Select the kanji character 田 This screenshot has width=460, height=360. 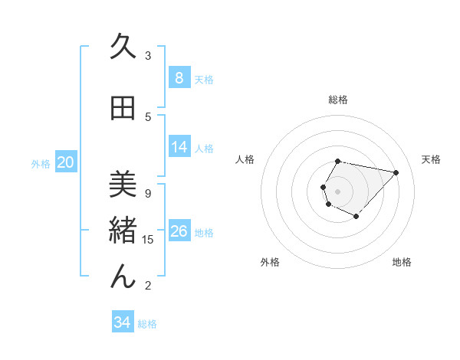click(x=123, y=109)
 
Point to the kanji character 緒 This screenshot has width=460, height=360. click(x=123, y=231)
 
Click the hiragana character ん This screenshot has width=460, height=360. click(x=123, y=276)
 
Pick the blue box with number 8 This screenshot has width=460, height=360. click(x=179, y=78)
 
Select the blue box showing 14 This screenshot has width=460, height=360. click(x=179, y=147)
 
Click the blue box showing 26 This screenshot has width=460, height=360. click(x=179, y=231)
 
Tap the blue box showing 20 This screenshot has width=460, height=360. click(x=66, y=162)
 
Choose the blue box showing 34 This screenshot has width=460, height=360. click(x=122, y=322)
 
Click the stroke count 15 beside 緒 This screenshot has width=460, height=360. click(x=148, y=240)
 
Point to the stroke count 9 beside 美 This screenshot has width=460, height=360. click(x=148, y=193)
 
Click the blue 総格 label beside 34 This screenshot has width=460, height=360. click(x=147, y=324)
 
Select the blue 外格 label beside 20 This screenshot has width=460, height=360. click(x=41, y=163)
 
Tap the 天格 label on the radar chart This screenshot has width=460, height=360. click(x=431, y=159)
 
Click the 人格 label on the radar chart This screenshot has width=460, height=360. click(x=245, y=159)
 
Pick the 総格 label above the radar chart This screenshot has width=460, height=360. click(x=338, y=100)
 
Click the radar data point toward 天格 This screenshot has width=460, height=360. click(x=396, y=172)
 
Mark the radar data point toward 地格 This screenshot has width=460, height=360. click(x=356, y=217)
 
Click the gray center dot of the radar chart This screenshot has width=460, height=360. click(x=338, y=191)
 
